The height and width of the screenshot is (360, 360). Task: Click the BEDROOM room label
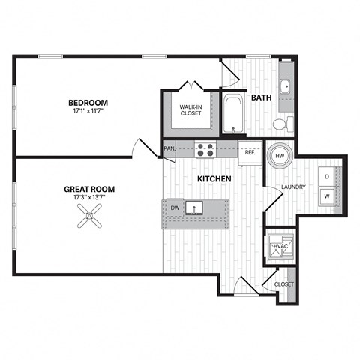point(88,103)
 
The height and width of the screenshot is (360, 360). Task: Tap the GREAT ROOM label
point(89,190)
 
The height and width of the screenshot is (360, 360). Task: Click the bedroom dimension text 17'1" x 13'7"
point(88,112)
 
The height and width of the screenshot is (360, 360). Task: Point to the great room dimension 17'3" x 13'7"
point(89,199)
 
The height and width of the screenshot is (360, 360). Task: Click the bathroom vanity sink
point(286,85)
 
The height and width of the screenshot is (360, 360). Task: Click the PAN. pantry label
point(169,148)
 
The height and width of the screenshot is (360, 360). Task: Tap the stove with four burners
point(206,149)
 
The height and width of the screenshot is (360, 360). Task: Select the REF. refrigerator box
point(250,151)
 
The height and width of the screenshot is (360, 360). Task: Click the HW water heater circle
point(279,155)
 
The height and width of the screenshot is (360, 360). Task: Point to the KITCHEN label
point(214,179)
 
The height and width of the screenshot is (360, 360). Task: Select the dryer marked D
point(327,177)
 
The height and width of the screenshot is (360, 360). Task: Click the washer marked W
point(327,195)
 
